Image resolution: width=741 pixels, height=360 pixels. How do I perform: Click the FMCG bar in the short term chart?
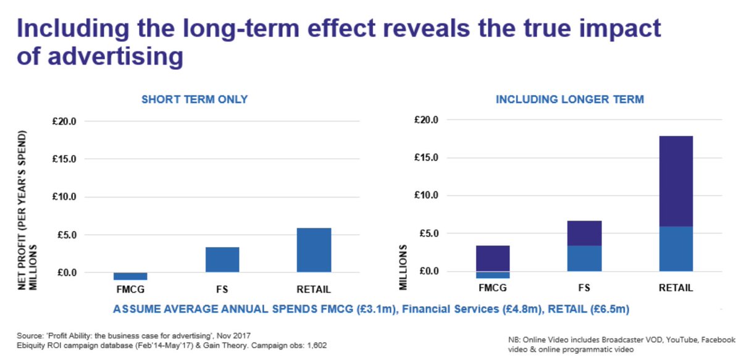pyautogui.click(x=130, y=276)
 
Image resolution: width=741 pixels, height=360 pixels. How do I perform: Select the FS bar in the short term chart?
pyautogui.click(x=222, y=259)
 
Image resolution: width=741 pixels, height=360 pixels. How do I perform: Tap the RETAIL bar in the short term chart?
pyautogui.click(x=314, y=250)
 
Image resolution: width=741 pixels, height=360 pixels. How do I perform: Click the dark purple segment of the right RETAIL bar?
pyautogui.click(x=676, y=181)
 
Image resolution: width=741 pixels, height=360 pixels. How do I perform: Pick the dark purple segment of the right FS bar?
pyautogui.click(x=584, y=233)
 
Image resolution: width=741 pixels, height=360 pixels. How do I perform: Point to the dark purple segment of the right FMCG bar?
pyautogui.click(x=493, y=258)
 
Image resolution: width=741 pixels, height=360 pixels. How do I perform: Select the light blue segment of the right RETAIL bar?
pyautogui.click(x=676, y=248)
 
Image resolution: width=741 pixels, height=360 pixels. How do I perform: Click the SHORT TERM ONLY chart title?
pyautogui.click(x=195, y=99)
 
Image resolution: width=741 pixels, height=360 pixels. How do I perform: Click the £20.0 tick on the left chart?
pyautogui.click(x=80, y=122)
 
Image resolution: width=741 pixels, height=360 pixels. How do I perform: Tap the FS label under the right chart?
pyautogui.click(x=584, y=288)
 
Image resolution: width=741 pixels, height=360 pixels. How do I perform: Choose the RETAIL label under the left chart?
pyautogui.click(x=314, y=289)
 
